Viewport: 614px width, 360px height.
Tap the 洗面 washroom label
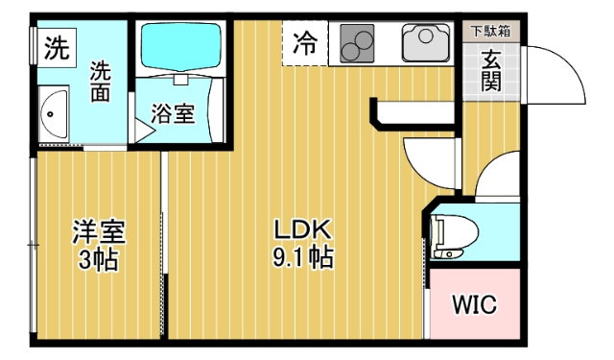[x=102, y=83]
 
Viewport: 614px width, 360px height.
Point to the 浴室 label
[x=174, y=113]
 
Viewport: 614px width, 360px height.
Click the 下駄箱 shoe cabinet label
[x=489, y=31]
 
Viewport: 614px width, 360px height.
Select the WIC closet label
[x=474, y=306]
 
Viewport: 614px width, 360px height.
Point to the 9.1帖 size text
[x=302, y=257]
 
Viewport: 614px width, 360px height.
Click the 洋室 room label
[x=100, y=232]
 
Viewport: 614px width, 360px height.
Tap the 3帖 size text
[x=100, y=259]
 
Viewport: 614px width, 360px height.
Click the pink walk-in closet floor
[x=474, y=326]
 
